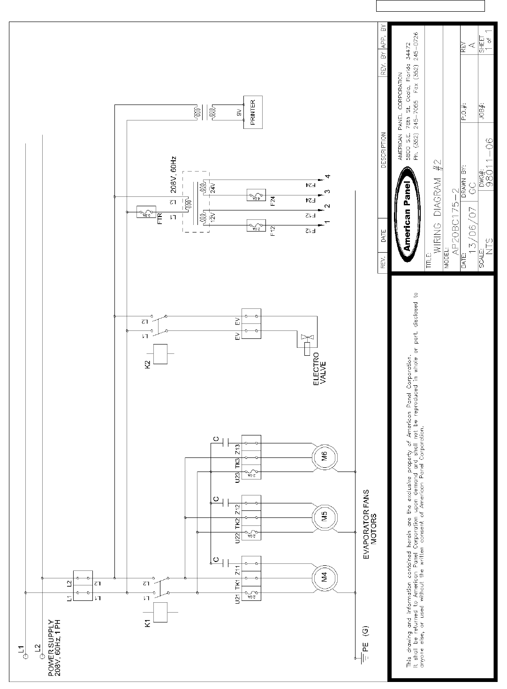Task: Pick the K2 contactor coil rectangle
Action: tap(160, 353)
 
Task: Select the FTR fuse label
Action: tap(159, 218)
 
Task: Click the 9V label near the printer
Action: tap(239, 112)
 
